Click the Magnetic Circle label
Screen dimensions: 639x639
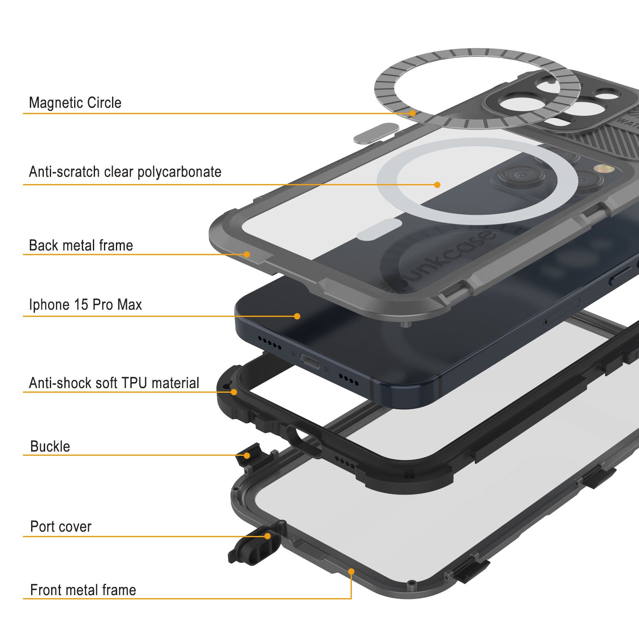click(75, 103)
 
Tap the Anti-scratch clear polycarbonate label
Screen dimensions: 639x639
click(125, 172)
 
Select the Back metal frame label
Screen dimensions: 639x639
click(81, 245)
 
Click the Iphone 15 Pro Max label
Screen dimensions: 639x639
click(85, 305)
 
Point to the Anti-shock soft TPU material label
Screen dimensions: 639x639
click(114, 383)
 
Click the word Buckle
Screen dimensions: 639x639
click(50, 446)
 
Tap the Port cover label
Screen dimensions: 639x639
click(60, 527)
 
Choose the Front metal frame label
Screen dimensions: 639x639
click(83, 590)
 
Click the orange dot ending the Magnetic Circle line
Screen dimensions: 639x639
click(412, 113)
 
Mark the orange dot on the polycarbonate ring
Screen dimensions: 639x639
click(437, 184)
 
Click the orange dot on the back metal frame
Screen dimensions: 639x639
click(247, 254)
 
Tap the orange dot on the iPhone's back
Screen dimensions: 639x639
click(297, 316)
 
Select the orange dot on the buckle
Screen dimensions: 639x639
click(247, 455)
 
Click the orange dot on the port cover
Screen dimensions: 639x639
click(268, 536)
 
